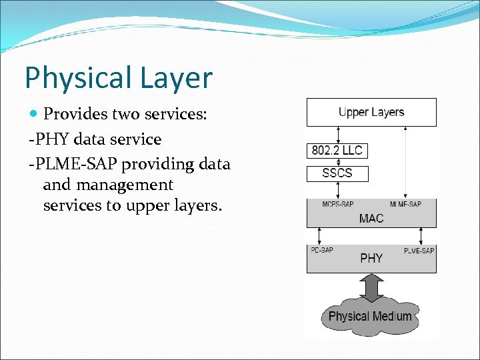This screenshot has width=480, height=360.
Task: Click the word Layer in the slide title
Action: click(175, 79)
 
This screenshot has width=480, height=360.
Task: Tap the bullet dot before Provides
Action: click(34, 115)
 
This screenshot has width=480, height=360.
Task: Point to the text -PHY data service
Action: click(95, 139)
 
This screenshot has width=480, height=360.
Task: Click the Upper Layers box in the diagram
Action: click(371, 112)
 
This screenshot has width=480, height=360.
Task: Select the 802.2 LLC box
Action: click(337, 150)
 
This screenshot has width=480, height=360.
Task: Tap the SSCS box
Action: click(337, 173)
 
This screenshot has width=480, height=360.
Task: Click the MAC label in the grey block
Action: click(371, 219)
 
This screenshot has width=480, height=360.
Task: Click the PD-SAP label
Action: click(322, 250)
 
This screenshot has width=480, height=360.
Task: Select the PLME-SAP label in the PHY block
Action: click(419, 250)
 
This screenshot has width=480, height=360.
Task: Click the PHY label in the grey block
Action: click(371, 258)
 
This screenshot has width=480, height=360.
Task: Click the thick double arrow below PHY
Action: click(371, 288)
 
